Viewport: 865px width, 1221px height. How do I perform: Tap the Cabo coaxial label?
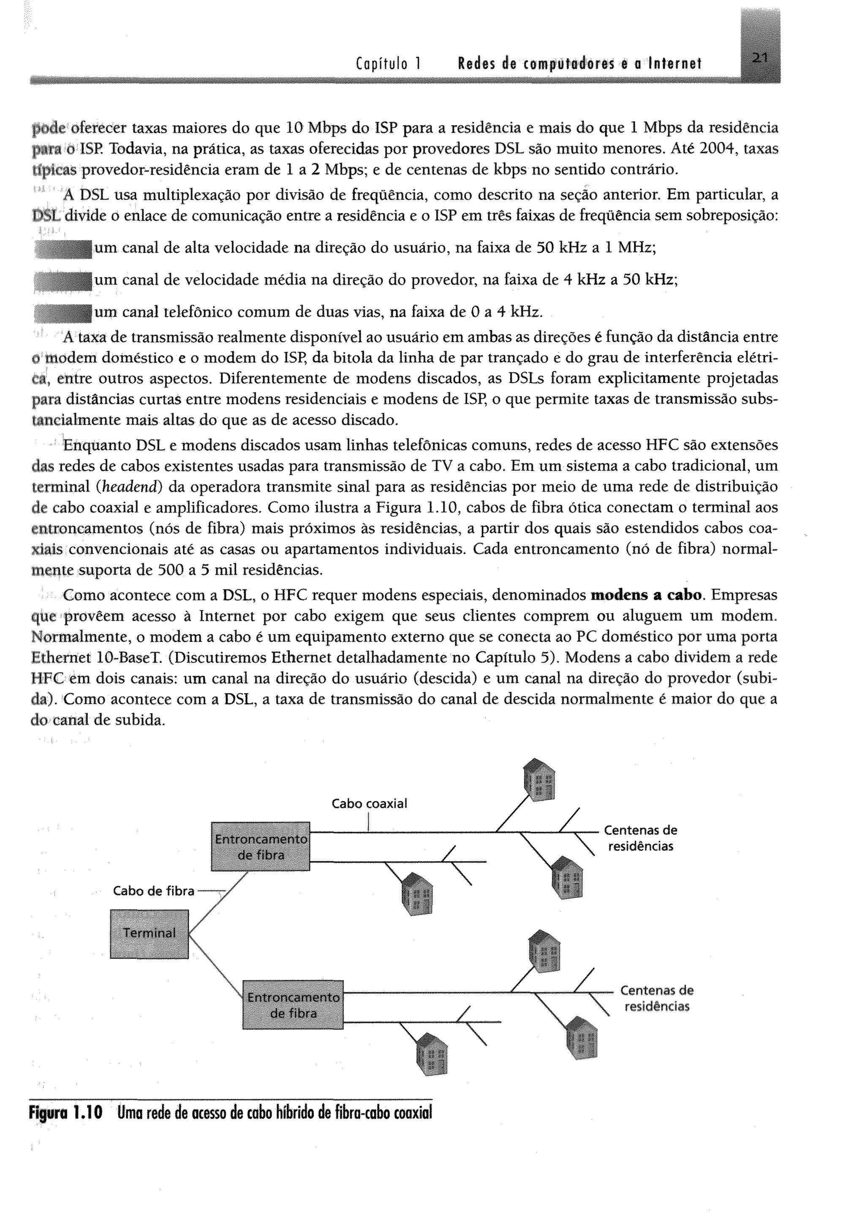369,803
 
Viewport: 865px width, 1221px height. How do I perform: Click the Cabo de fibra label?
153,891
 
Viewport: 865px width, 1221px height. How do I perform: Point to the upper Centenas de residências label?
640,838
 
